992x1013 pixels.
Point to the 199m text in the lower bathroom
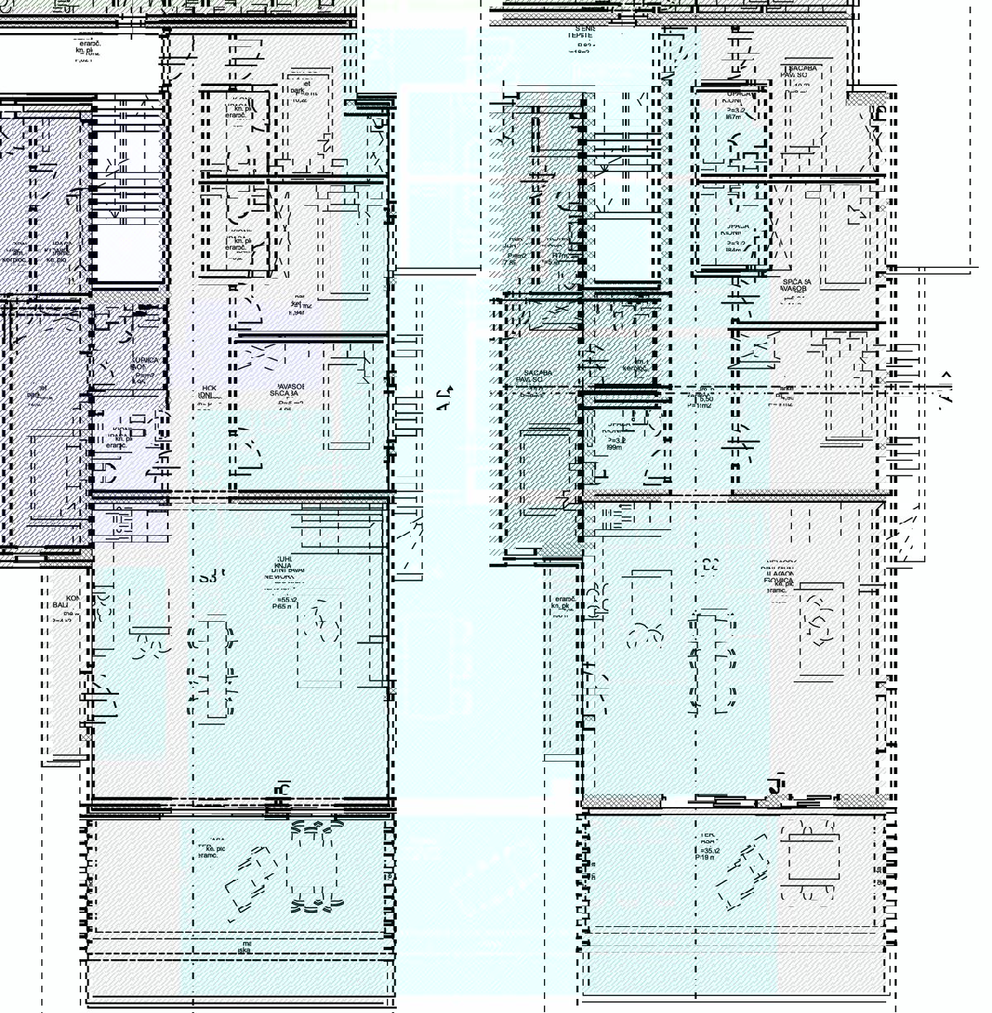pos(615,447)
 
